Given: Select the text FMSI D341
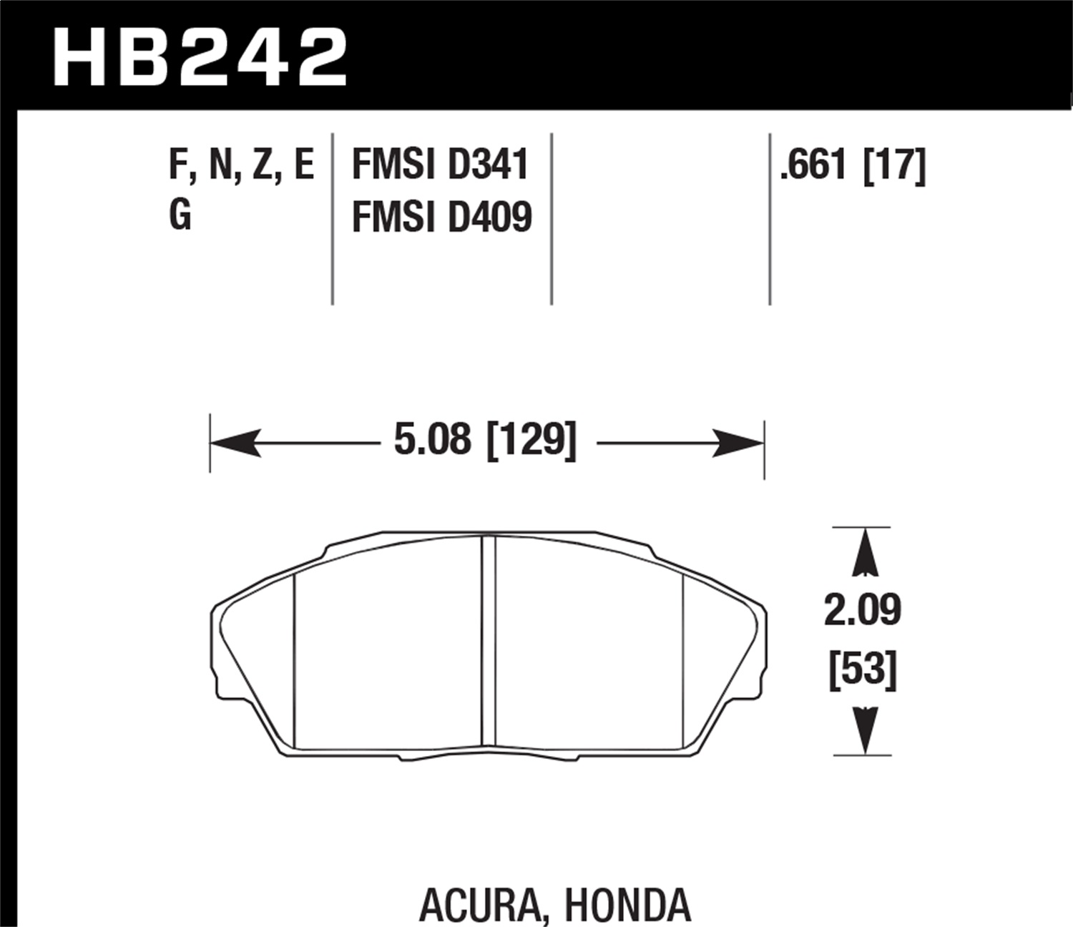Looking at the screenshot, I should click(x=440, y=165).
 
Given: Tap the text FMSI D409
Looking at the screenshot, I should click(x=441, y=217).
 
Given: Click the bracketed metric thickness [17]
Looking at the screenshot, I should click(x=895, y=165).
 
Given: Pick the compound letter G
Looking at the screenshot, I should click(x=180, y=215).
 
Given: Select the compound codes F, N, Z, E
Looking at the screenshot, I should click(x=241, y=165).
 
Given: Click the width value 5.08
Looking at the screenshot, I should click(x=433, y=440).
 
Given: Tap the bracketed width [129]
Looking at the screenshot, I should click(x=531, y=440).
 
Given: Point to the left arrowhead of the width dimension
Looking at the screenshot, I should click(x=232, y=443).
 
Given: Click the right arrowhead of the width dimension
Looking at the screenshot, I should click(x=740, y=443).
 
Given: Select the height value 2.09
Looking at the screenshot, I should click(x=862, y=610).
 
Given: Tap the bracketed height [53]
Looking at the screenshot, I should click(x=862, y=670).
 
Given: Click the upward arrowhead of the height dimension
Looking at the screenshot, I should click(x=864, y=552).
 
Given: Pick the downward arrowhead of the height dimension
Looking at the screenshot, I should click(x=864, y=730).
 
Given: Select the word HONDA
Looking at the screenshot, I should click(x=627, y=906).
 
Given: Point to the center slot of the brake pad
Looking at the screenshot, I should click(x=488, y=642).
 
